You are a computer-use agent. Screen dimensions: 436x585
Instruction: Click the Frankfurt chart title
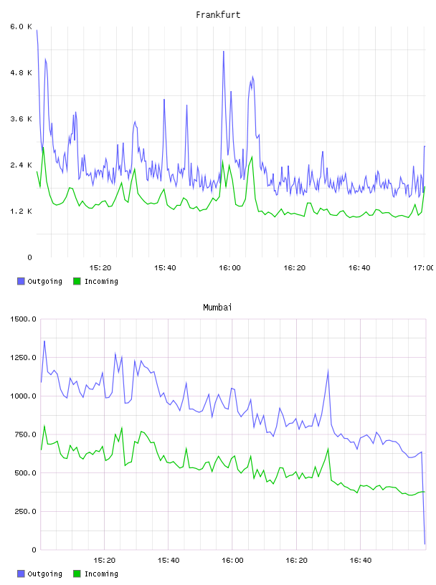(218, 15)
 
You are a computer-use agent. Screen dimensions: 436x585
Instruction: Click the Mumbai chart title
(217, 308)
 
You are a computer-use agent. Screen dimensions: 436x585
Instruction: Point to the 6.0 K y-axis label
(21, 27)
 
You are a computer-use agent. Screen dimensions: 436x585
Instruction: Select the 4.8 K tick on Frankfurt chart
(21, 72)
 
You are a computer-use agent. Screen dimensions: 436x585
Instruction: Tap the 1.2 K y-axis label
(21, 211)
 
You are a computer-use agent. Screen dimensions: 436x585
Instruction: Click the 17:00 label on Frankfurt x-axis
(423, 268)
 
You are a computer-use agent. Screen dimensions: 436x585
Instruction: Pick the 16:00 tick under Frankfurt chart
(229, 268)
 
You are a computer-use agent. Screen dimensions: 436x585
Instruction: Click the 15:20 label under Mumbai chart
(104, 561)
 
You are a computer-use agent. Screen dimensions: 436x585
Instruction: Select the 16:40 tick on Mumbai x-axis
(361, 561)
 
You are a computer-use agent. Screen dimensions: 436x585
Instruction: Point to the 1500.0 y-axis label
(23, 319)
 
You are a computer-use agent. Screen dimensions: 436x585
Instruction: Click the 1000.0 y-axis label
(23, 396)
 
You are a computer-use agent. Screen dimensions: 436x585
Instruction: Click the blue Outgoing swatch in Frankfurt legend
(21, 281)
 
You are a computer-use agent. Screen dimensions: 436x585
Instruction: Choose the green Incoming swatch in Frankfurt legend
(77, 281)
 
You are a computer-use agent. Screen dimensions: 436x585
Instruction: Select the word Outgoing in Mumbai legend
(44, 574)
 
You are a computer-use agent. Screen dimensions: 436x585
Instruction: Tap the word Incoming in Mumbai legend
(101, 574)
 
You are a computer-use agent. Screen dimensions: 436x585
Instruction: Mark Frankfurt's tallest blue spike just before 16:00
(224, 52)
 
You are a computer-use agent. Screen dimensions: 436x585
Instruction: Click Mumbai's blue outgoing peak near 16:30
(328, 370)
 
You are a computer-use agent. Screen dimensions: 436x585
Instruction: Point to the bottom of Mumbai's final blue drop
(425, 543)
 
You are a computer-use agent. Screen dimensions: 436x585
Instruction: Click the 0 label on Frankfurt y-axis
(29, 257)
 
